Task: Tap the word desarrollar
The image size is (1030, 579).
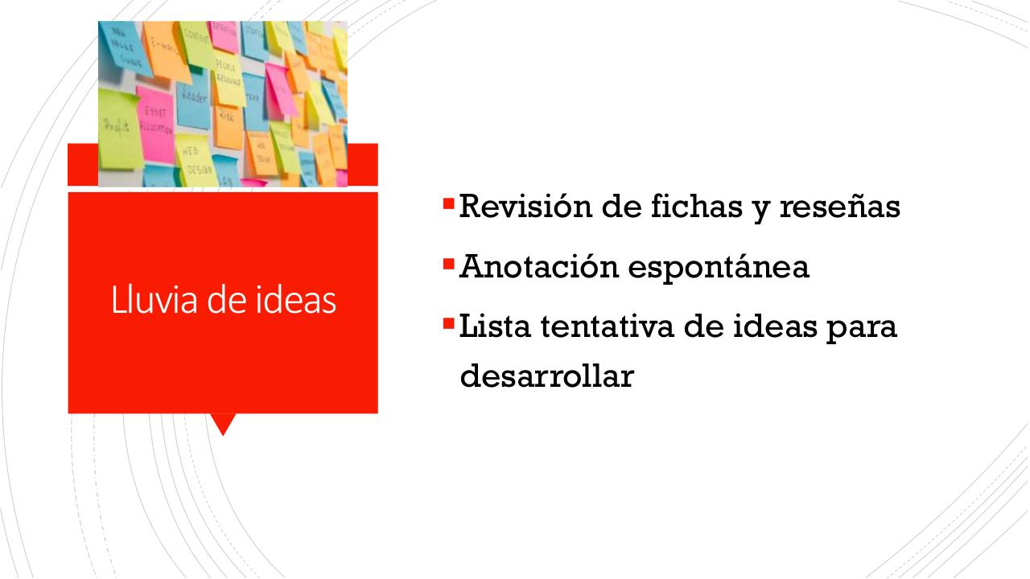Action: click(x=546, y=376)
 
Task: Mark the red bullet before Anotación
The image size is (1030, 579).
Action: click(x=448, y=262)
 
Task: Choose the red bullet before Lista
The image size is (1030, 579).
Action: click(x=448, y=323)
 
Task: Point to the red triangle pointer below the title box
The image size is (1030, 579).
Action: click(x=222, y=423)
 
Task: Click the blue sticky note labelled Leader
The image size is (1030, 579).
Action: click(x=193, y=101)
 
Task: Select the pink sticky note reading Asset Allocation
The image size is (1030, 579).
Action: click(x=154, y=121)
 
